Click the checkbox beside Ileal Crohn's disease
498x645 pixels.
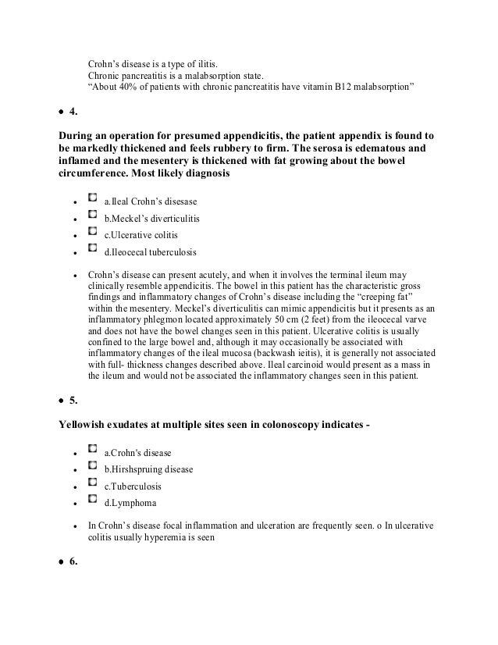(x=93, y=201)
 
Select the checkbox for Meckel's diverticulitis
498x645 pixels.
(x=93, y=216)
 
